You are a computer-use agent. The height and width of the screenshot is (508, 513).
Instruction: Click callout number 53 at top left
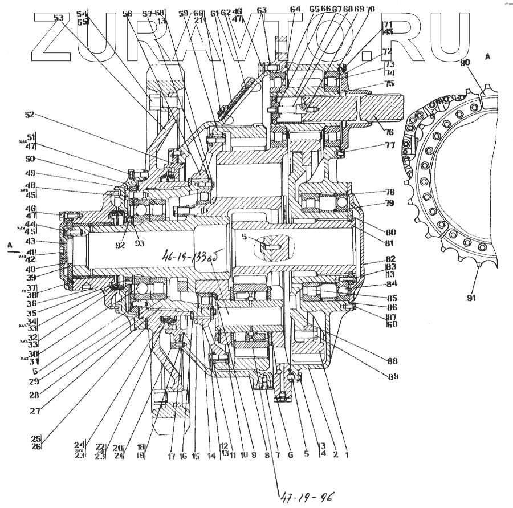59,18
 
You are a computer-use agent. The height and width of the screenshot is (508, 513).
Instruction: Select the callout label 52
30,115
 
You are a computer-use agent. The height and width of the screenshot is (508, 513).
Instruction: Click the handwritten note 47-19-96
306,495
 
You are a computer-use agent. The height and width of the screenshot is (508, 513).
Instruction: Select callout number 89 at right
393,376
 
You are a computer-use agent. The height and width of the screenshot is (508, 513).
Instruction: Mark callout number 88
392,361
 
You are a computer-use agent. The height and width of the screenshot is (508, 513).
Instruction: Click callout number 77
389,145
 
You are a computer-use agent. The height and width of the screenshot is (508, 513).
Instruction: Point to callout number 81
390,244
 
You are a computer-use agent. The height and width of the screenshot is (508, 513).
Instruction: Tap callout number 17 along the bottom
172,456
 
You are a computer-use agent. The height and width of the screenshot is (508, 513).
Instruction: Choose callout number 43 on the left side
30,241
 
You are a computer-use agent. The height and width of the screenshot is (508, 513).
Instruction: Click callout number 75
389,83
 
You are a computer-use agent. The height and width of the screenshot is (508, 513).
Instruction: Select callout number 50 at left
30,160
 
